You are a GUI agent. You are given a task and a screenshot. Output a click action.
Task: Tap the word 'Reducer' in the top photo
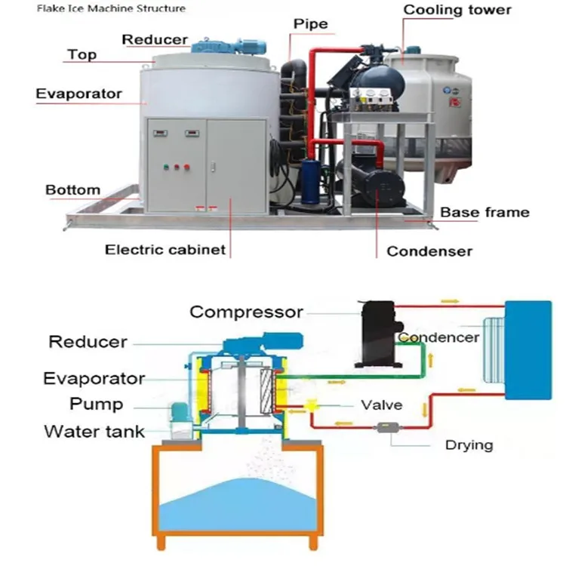pyautogui.click(x=155, y=39)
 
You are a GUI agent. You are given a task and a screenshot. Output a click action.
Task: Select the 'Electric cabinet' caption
pyautogui.click(x=165, y=249)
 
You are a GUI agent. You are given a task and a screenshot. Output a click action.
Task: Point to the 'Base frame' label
pyautogui.click(x=484, y=212)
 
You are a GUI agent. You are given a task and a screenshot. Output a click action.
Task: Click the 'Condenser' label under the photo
pyautogui.click(x=429, y=251)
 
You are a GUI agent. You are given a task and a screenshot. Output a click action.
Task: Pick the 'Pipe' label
pyautogui.click(x=311, y=24)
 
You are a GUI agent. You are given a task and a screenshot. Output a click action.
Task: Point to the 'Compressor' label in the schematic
pyautogui.click(x=246, y=311)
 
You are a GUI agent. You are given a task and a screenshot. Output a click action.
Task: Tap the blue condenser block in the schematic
pyautogui.click(x=528, y=349)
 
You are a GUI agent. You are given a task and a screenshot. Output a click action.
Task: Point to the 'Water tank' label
pyautogui.click(x=94, y=432)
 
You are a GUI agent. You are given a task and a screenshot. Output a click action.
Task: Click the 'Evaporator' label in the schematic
pyautogui.click(x=94, y=377)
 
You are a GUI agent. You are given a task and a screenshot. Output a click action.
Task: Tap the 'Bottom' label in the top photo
pyautogui.click(x=72, y=189)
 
